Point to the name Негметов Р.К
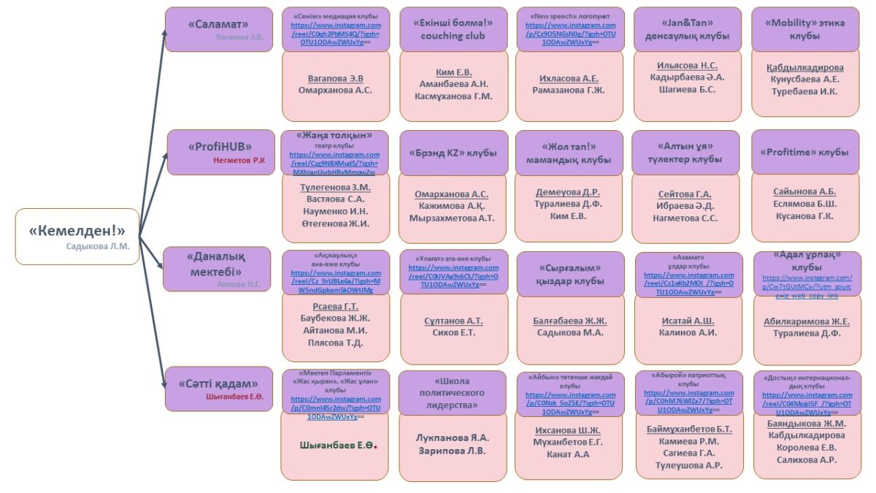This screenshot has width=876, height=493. tap(239, 159)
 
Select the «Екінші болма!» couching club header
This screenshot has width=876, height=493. tap(453, 28)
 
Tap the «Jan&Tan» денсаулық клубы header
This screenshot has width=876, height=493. tap(687, 28)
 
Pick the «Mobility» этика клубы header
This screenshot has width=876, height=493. tap(804, 28)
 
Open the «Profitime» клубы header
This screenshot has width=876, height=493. tap(804, 153)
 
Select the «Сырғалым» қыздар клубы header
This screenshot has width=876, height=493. tap(570, 274)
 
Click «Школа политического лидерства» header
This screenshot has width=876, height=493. tap(452, 392)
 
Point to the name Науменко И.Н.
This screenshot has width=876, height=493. tap(335, 211)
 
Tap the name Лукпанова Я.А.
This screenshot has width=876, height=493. tap(453, 437)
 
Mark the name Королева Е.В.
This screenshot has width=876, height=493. tap(807, 448)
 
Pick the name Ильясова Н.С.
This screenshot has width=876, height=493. tap(687, 65)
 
